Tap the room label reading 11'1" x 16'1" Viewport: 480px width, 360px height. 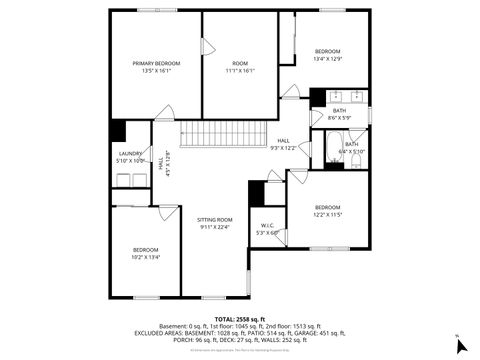tap(240, 67)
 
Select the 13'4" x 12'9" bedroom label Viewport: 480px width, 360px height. tap(328, 55)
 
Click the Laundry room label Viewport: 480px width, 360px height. tap(131, 157)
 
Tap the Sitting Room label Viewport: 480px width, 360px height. tap(214, 223)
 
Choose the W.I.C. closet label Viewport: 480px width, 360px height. tap(267, 229)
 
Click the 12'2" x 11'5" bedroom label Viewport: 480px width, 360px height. tap(328, 211)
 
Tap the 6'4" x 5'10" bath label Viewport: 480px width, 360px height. tap(352, 148)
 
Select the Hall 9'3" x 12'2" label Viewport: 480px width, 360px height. tap(283, 144)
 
